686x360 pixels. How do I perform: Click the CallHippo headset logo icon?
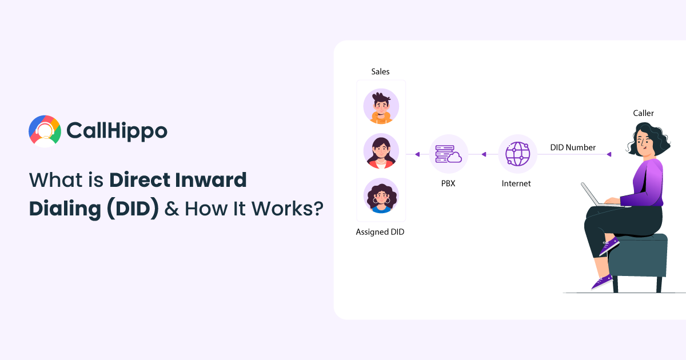pyautogui.click(x=45, y=131)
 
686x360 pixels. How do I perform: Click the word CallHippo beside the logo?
pyautogui.click(x=117, y=131)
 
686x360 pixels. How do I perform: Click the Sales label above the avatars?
pyautogui.click(x=380, y=71)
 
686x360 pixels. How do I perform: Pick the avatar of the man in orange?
pyautogui.click(x=381, y=106)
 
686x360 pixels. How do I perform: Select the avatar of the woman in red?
pyautogui.click(x=381, y=151)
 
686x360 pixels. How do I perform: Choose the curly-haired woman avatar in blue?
pyautogui.click(x=381, y=196)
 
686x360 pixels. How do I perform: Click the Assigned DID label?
pyautogui.click(x=380, y=232)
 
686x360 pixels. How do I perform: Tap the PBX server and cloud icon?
pyautogui.click(x=448, y=154)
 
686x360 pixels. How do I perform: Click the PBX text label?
pyautogui.click(x=448, y=183)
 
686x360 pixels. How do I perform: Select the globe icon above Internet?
pyautogui.click(x=517, y=154)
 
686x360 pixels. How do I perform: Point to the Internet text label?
pyautogui.click(x=516, y=183)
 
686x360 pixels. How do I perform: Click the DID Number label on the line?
pyautogui.click(x=573, y=147)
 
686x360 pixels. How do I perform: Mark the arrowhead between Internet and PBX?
pyautogui.click(x=484, y=154)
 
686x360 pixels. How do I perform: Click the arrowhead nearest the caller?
pyautogui.click(x=609, y=154)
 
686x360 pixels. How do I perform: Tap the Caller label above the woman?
pyautogui.click(x=643, y=113)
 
